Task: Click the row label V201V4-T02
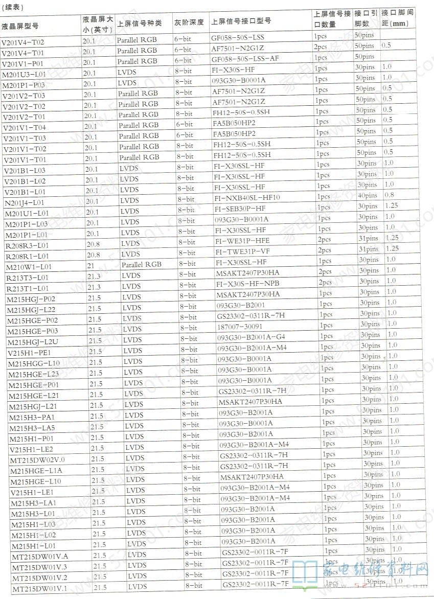click(x=23, y=42)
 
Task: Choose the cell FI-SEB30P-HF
click(x=240, y=208)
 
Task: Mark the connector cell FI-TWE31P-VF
click(x=242, y=251)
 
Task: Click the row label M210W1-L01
click(x=29, y=267)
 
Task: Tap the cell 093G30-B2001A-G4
click(x=251, y=337)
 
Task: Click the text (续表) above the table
click(x=12, y=7)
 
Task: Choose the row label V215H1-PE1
click(x=29, y=353)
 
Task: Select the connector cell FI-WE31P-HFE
click(x=242, y=240)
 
